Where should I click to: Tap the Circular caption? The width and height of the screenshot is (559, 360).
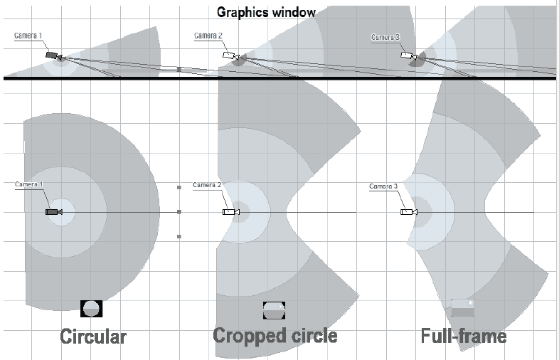click(x=93, y=335)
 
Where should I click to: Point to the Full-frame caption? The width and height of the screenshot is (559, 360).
click(x=464, y=335)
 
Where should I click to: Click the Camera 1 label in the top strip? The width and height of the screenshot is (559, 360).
click(x=28, y=36)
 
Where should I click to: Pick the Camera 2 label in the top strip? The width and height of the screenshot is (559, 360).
click(x=208, y=36)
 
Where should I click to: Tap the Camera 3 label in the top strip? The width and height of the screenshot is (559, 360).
click(x=385, y=37)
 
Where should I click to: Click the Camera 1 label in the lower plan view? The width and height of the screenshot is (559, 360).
click(x=29, y=184)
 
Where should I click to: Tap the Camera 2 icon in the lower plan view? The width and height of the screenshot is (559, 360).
click(x=230, y=212)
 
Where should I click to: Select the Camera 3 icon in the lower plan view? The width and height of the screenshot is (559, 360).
click(x=408, y=212)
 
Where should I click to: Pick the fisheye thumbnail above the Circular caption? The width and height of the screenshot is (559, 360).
click(x=92, y=308)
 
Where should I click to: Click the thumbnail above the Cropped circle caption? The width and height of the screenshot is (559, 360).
click(x=274, y=309)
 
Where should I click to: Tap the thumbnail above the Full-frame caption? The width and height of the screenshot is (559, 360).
click(x=462, y=307)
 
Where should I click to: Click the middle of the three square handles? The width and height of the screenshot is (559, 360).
click(x=179, y=211)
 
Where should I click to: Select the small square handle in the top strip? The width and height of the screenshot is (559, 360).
click(x=179, y=69)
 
